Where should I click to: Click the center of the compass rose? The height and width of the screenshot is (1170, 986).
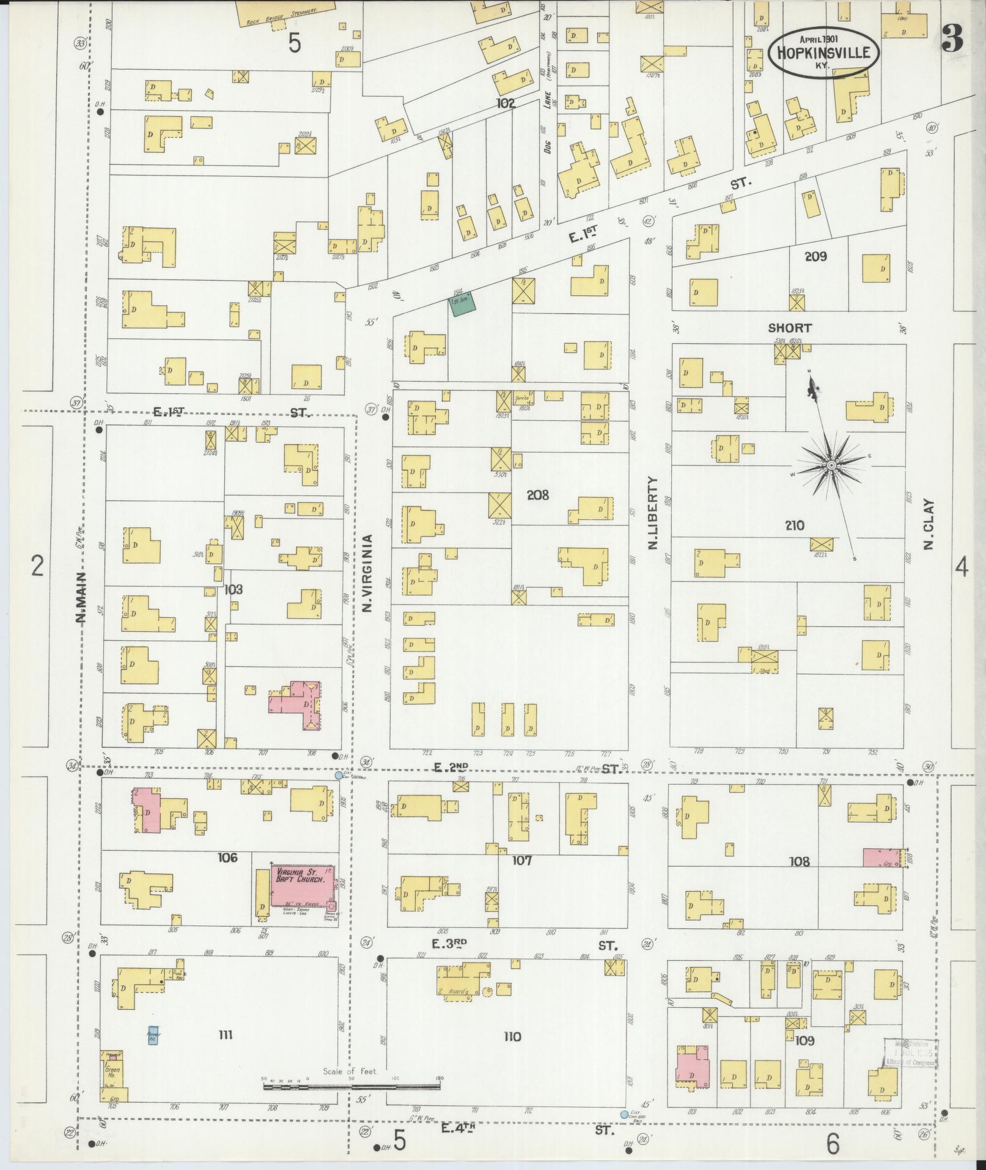(831, 466)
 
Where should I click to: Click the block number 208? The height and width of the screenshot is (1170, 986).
(538, 495)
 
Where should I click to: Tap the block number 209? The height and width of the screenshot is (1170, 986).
(815, 256)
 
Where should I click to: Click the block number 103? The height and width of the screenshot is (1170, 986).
(234, 590)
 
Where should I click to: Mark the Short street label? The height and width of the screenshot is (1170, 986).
(790, 328)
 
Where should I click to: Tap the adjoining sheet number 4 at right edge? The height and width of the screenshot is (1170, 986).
(962, 568)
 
